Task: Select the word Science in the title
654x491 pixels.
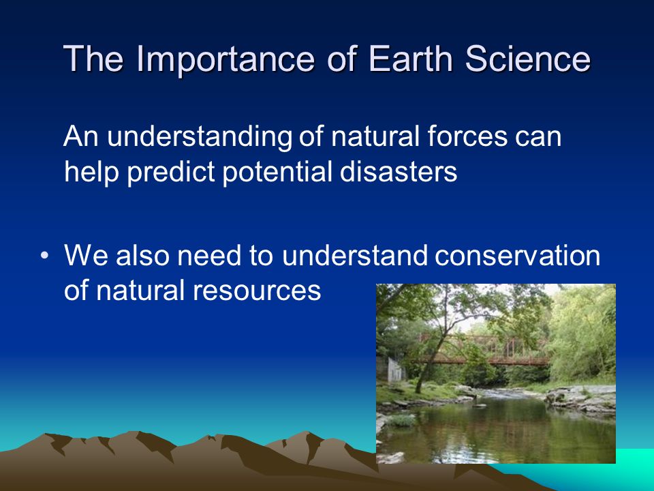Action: point(527,58)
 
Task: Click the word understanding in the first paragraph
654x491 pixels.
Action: point(200,138)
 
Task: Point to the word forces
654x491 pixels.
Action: point(467,136)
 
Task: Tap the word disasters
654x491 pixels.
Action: point(399,171)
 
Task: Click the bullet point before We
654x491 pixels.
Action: point(45,255)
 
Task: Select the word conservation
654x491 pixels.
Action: point(517,255)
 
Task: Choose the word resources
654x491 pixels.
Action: point(257,291)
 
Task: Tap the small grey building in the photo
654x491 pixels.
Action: point(395,370)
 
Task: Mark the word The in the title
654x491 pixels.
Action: point(93,58)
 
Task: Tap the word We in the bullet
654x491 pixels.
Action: point(87,255)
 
